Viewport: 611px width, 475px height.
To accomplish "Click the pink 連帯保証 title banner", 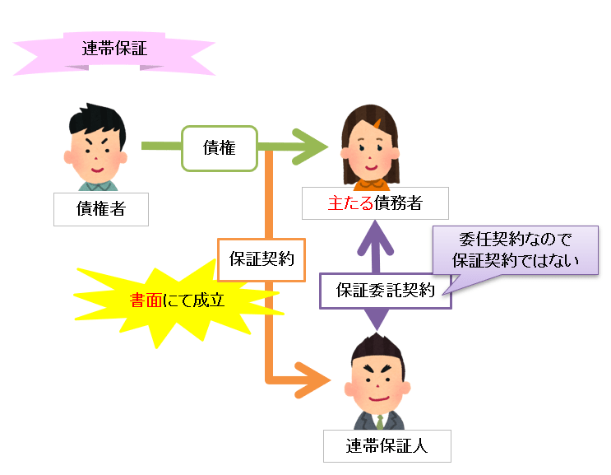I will [114, 48].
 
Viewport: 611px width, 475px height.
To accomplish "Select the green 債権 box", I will [219, 148].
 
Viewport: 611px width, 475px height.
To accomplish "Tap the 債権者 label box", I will [100, 209].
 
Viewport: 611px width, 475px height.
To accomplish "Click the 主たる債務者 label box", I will [363, 203].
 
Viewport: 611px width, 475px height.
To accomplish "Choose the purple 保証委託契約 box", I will [385, 290].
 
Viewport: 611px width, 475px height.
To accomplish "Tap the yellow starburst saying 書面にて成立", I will [177, 300].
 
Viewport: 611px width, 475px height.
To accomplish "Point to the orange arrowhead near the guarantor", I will [313, 381].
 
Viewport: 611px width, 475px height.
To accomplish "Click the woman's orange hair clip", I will [380, 124].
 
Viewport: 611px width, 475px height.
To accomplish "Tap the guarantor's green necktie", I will [380, 421].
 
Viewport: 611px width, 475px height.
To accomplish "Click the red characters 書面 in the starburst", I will [148, 300].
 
